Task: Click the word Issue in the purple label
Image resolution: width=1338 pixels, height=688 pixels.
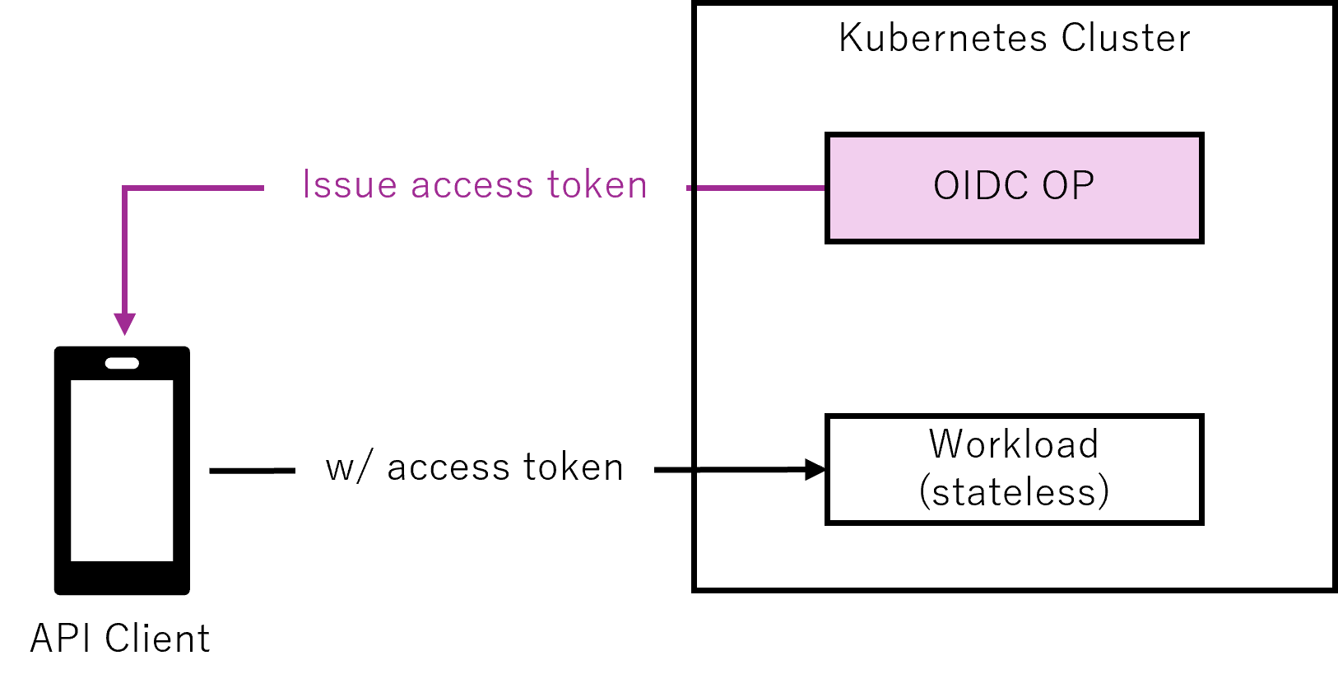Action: click(350, 185)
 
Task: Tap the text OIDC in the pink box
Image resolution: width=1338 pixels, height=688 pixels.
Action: click(980, 186)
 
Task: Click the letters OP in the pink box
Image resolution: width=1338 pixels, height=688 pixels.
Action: click(1068, 186)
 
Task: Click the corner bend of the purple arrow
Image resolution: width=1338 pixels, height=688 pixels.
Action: click(124, 188)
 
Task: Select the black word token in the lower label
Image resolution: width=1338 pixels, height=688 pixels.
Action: click(574, 467)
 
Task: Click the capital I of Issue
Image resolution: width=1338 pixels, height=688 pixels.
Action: click(306, 184)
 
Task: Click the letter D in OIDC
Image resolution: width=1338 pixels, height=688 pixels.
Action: click(993, 186)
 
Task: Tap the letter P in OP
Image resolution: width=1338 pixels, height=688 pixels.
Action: click(1083, 186)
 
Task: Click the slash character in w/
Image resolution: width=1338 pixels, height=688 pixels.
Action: click(366, 468)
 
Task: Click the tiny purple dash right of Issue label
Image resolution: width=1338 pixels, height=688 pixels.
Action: click(689, 188)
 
